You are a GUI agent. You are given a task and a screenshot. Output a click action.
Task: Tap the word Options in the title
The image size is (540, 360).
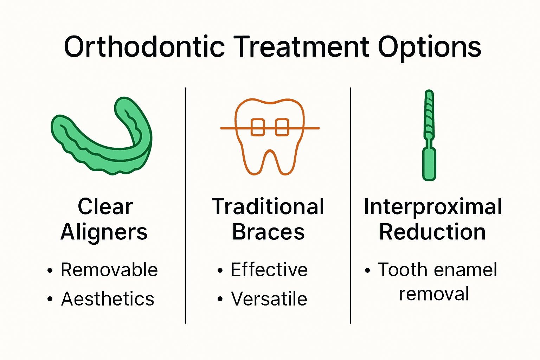(429, 48)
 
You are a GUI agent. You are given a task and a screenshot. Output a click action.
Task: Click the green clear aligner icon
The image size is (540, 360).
(102, 136)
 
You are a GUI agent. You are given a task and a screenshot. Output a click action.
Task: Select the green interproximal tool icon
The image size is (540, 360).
(429, 135)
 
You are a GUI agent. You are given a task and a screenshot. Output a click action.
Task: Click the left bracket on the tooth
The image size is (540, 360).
(258, 127)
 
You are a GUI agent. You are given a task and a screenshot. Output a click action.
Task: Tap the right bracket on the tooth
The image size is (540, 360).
(282, 127)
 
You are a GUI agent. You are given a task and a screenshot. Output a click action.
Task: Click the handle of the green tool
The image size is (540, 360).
(429, 164)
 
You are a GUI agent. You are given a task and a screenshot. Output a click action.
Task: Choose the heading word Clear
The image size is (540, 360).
(105, 206)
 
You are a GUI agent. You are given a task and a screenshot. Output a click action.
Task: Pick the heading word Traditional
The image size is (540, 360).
(268, 206)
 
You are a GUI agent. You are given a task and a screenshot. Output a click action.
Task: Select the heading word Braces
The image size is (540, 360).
(268, 232)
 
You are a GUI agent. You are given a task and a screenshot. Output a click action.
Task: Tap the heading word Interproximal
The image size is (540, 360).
(433, 208)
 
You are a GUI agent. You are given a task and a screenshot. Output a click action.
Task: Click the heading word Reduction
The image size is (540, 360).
(432, 232)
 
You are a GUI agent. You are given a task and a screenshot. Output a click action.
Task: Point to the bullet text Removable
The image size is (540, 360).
(109, 270)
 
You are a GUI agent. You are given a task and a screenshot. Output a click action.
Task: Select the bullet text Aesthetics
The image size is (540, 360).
(108, 298)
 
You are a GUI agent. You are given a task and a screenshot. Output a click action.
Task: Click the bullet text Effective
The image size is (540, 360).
(269, 269)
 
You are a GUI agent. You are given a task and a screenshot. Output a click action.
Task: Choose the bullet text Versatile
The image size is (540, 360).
(269, 298)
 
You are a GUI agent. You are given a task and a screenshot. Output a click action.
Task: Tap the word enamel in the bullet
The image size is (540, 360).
(465, 269)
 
